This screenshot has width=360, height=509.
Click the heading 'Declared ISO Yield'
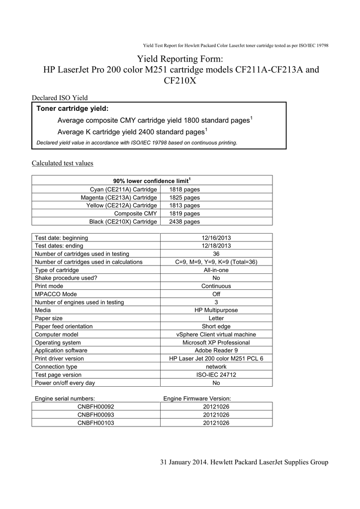coord(60,97)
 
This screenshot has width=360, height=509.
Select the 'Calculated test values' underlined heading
coord(63,163)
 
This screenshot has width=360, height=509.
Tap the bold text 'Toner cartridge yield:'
coord(73,108)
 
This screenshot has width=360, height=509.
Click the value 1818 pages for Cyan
coord(184,189)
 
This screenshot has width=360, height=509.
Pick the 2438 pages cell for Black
coord(184,221)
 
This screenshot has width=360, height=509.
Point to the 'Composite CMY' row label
coord(136,213)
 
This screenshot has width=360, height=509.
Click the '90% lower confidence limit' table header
coord(152,181)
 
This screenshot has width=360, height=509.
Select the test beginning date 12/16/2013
coord(216,238)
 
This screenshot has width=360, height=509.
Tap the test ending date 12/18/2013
coord(216,246)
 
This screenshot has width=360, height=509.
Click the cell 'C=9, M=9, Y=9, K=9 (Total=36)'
coord(216,262)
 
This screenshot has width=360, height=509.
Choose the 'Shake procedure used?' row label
coord(66,278)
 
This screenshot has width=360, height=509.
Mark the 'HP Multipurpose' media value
coord(216,310)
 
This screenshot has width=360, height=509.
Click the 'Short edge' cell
coord(216,326)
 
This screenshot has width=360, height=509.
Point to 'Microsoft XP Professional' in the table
coord(216,342)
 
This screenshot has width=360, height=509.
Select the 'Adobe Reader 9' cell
coord(216,350)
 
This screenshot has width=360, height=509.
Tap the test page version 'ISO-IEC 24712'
coord(216,375)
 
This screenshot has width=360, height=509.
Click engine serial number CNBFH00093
coord(96,415)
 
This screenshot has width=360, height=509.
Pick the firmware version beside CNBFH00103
coord(216,423)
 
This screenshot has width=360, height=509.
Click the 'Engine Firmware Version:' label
coord(197,399)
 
